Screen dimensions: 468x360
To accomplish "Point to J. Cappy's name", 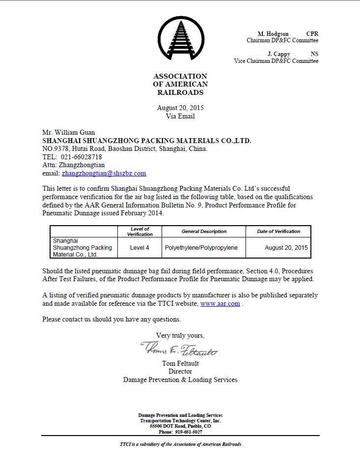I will click(278, 54).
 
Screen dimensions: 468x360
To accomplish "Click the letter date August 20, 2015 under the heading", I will click(180, 108).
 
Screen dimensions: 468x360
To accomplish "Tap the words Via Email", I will click(180, 117).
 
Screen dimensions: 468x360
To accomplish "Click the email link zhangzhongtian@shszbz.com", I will click(104, 173).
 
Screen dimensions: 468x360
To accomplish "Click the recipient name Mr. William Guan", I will click(69, 132).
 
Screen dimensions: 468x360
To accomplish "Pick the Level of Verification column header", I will click(140, 232).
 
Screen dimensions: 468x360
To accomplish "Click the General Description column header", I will click(204, 232).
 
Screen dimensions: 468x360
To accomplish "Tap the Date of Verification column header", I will click(278, 232).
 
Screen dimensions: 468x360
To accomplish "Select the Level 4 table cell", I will click(140, 248).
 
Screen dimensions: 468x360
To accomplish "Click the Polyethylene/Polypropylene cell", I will click(201, 248).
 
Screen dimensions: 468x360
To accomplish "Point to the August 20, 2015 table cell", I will click(286, 248).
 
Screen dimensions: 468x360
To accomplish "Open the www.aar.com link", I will click(220, 304).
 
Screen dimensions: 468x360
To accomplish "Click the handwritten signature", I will click(180, 349).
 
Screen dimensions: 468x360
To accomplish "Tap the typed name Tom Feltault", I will click(180, 364).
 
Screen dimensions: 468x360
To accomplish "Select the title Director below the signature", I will click(180, 372).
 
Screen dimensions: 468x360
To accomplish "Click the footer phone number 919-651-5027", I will click(189, 432).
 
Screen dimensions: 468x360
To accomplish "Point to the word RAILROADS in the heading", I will click(180, 92).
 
